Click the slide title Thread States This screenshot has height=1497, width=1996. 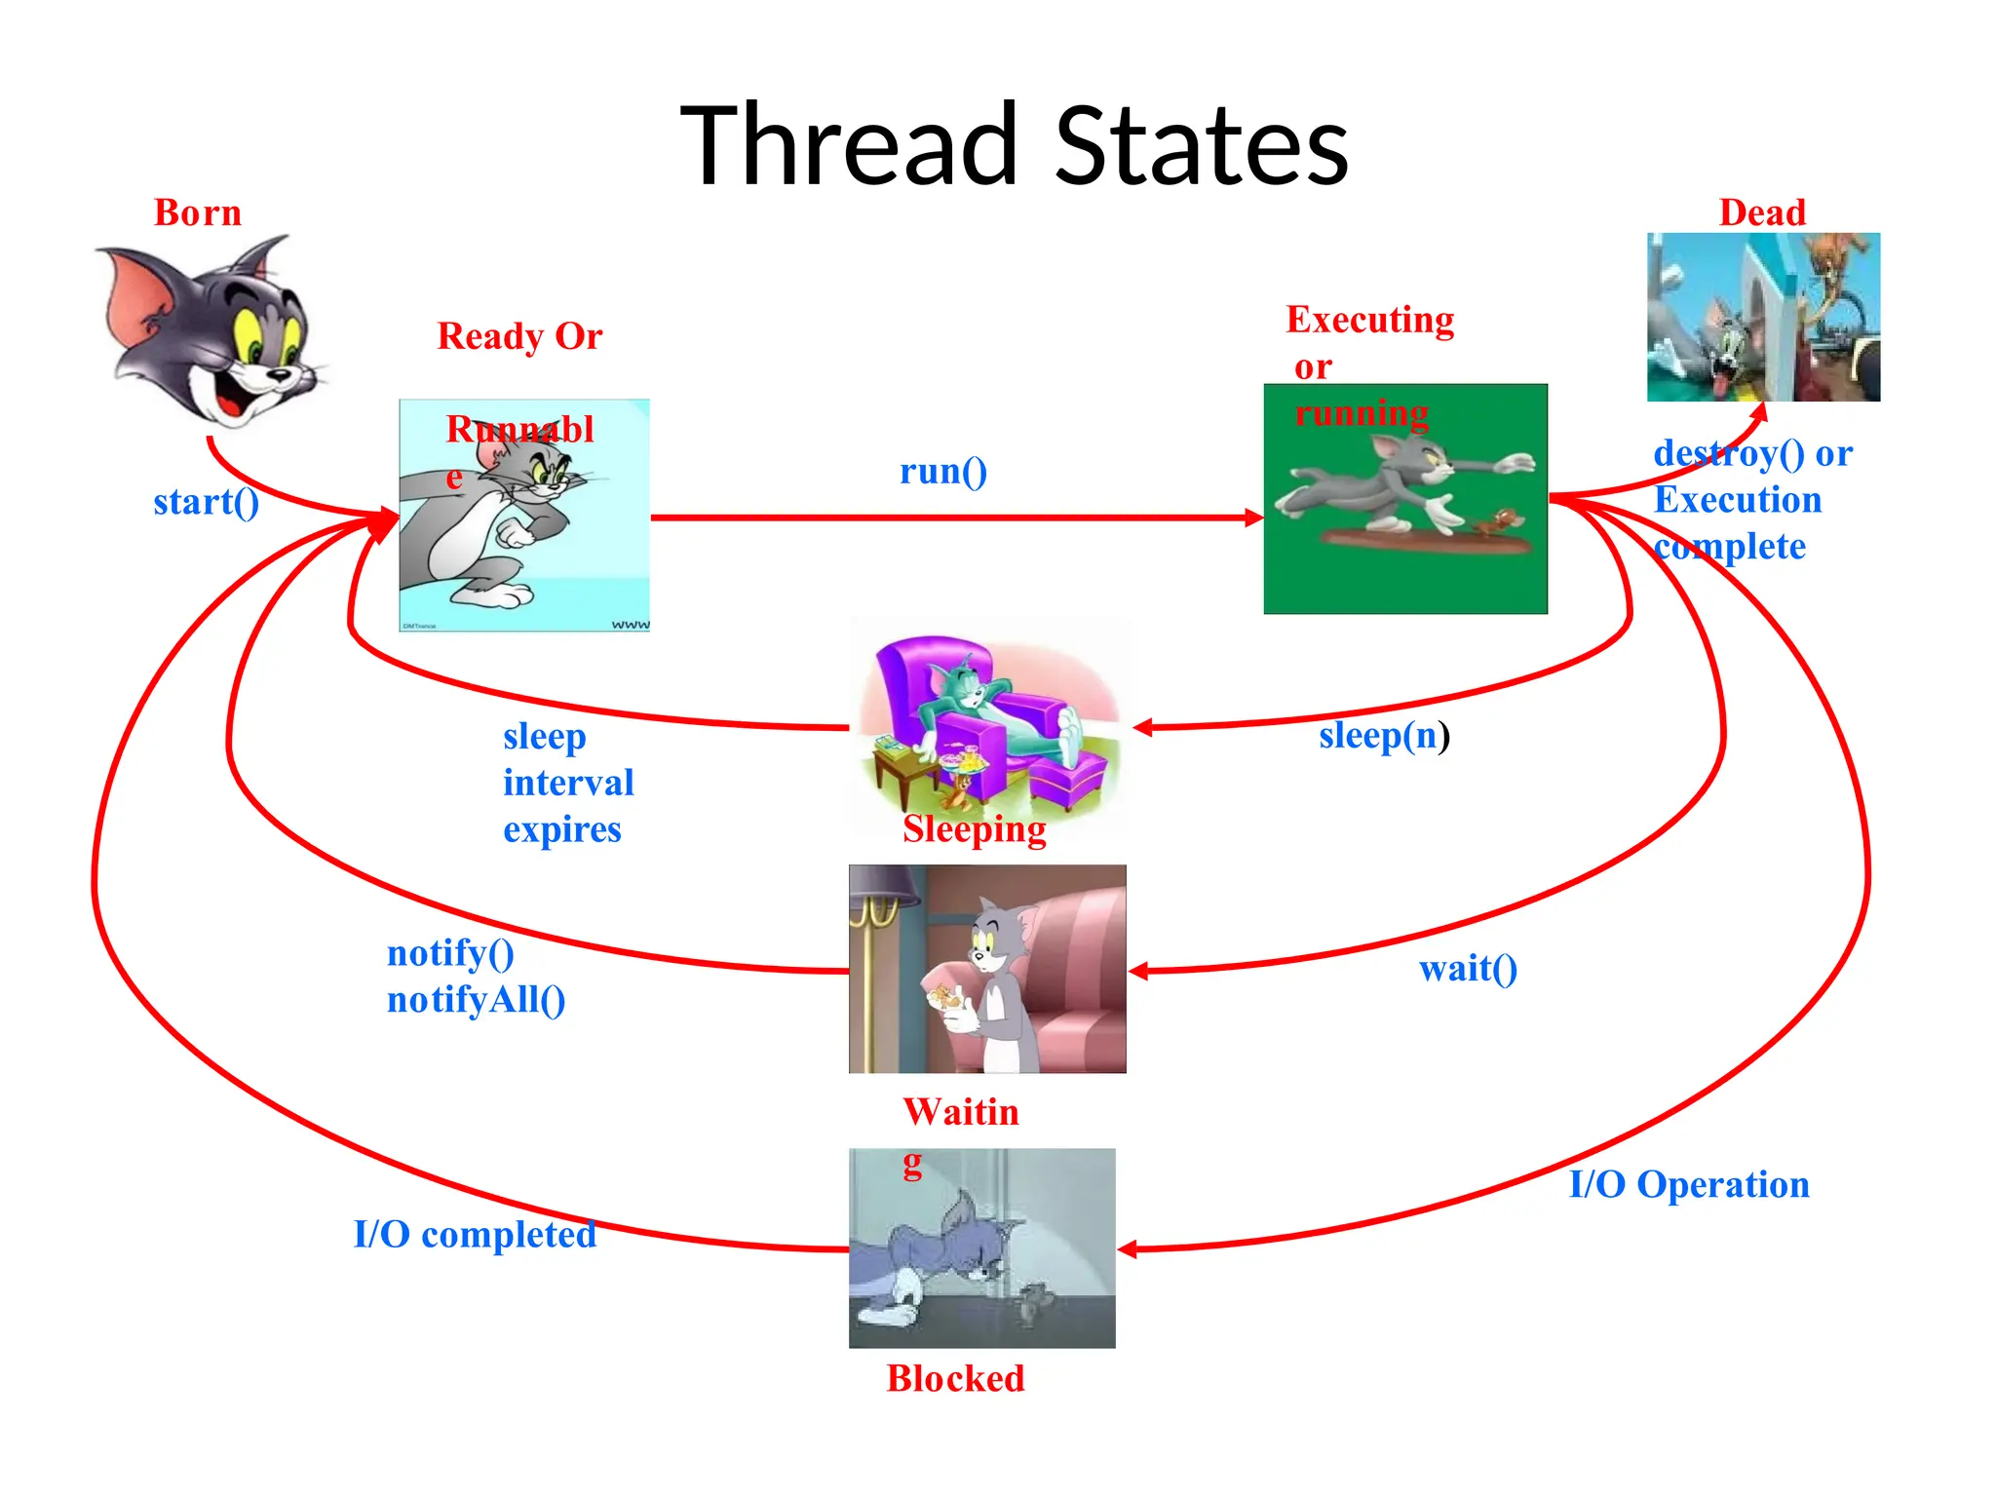click(x=1014, y=146)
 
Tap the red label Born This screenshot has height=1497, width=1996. click(x=198, y=212)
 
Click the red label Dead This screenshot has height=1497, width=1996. click(x=1762, y=212)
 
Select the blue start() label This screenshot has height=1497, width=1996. click(x=207, y=502)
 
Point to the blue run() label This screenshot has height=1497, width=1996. click(x=942, y=471)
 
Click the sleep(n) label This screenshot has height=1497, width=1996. click(x=1384, y=735)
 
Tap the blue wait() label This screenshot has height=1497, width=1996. click(x=1468, y=968)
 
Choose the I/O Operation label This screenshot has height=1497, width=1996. click(x=1689, y=1184)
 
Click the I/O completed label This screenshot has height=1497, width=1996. click(x=475, y=1234)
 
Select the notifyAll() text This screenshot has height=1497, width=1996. click(x=476, y=1000)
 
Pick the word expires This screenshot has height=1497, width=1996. click(x=562, y=829)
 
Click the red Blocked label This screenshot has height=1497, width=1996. click(x=955, y=1378)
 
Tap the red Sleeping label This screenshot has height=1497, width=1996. click(x=974, y=828)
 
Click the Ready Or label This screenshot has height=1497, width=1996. click(x=519, y=336)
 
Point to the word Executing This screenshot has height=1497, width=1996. click(x=1369, y=320)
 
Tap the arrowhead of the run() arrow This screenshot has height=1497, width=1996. click(x=1254, y=518)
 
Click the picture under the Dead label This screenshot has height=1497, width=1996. click(x=1763, y=317)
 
